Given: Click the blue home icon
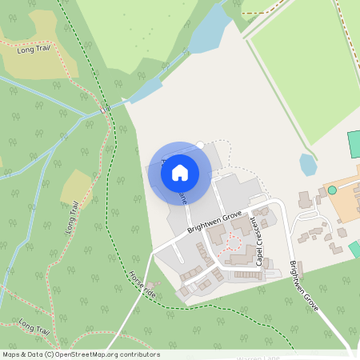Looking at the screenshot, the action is click(180, 172).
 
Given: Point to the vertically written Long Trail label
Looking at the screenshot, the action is click(70, 216).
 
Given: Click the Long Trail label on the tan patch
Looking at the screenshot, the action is click(34, 50).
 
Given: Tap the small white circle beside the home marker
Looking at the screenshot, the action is click(200, 145).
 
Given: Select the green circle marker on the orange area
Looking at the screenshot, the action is click(332, 190).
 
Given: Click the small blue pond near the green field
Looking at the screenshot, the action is click(308, 164).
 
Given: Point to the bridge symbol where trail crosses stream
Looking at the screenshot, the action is click(106, 106).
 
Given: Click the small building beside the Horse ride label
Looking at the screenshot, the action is click(157, 284).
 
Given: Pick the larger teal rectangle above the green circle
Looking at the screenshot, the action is click(354, 146).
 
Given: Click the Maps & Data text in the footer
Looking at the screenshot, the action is click(22, 354).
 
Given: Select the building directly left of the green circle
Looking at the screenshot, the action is click(303, 198).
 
